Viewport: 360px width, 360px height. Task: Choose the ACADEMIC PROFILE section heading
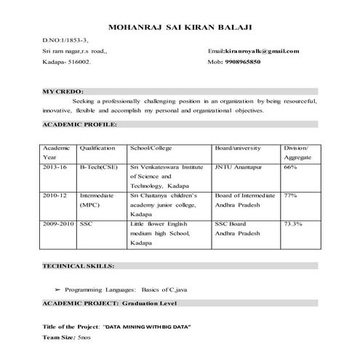click(79, 125)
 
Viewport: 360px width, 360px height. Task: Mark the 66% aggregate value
click(290, 167)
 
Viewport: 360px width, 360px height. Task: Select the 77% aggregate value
click(290, 196)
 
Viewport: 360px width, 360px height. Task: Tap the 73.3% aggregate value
click(293, 224)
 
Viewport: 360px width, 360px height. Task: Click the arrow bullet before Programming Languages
click(57, 289)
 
